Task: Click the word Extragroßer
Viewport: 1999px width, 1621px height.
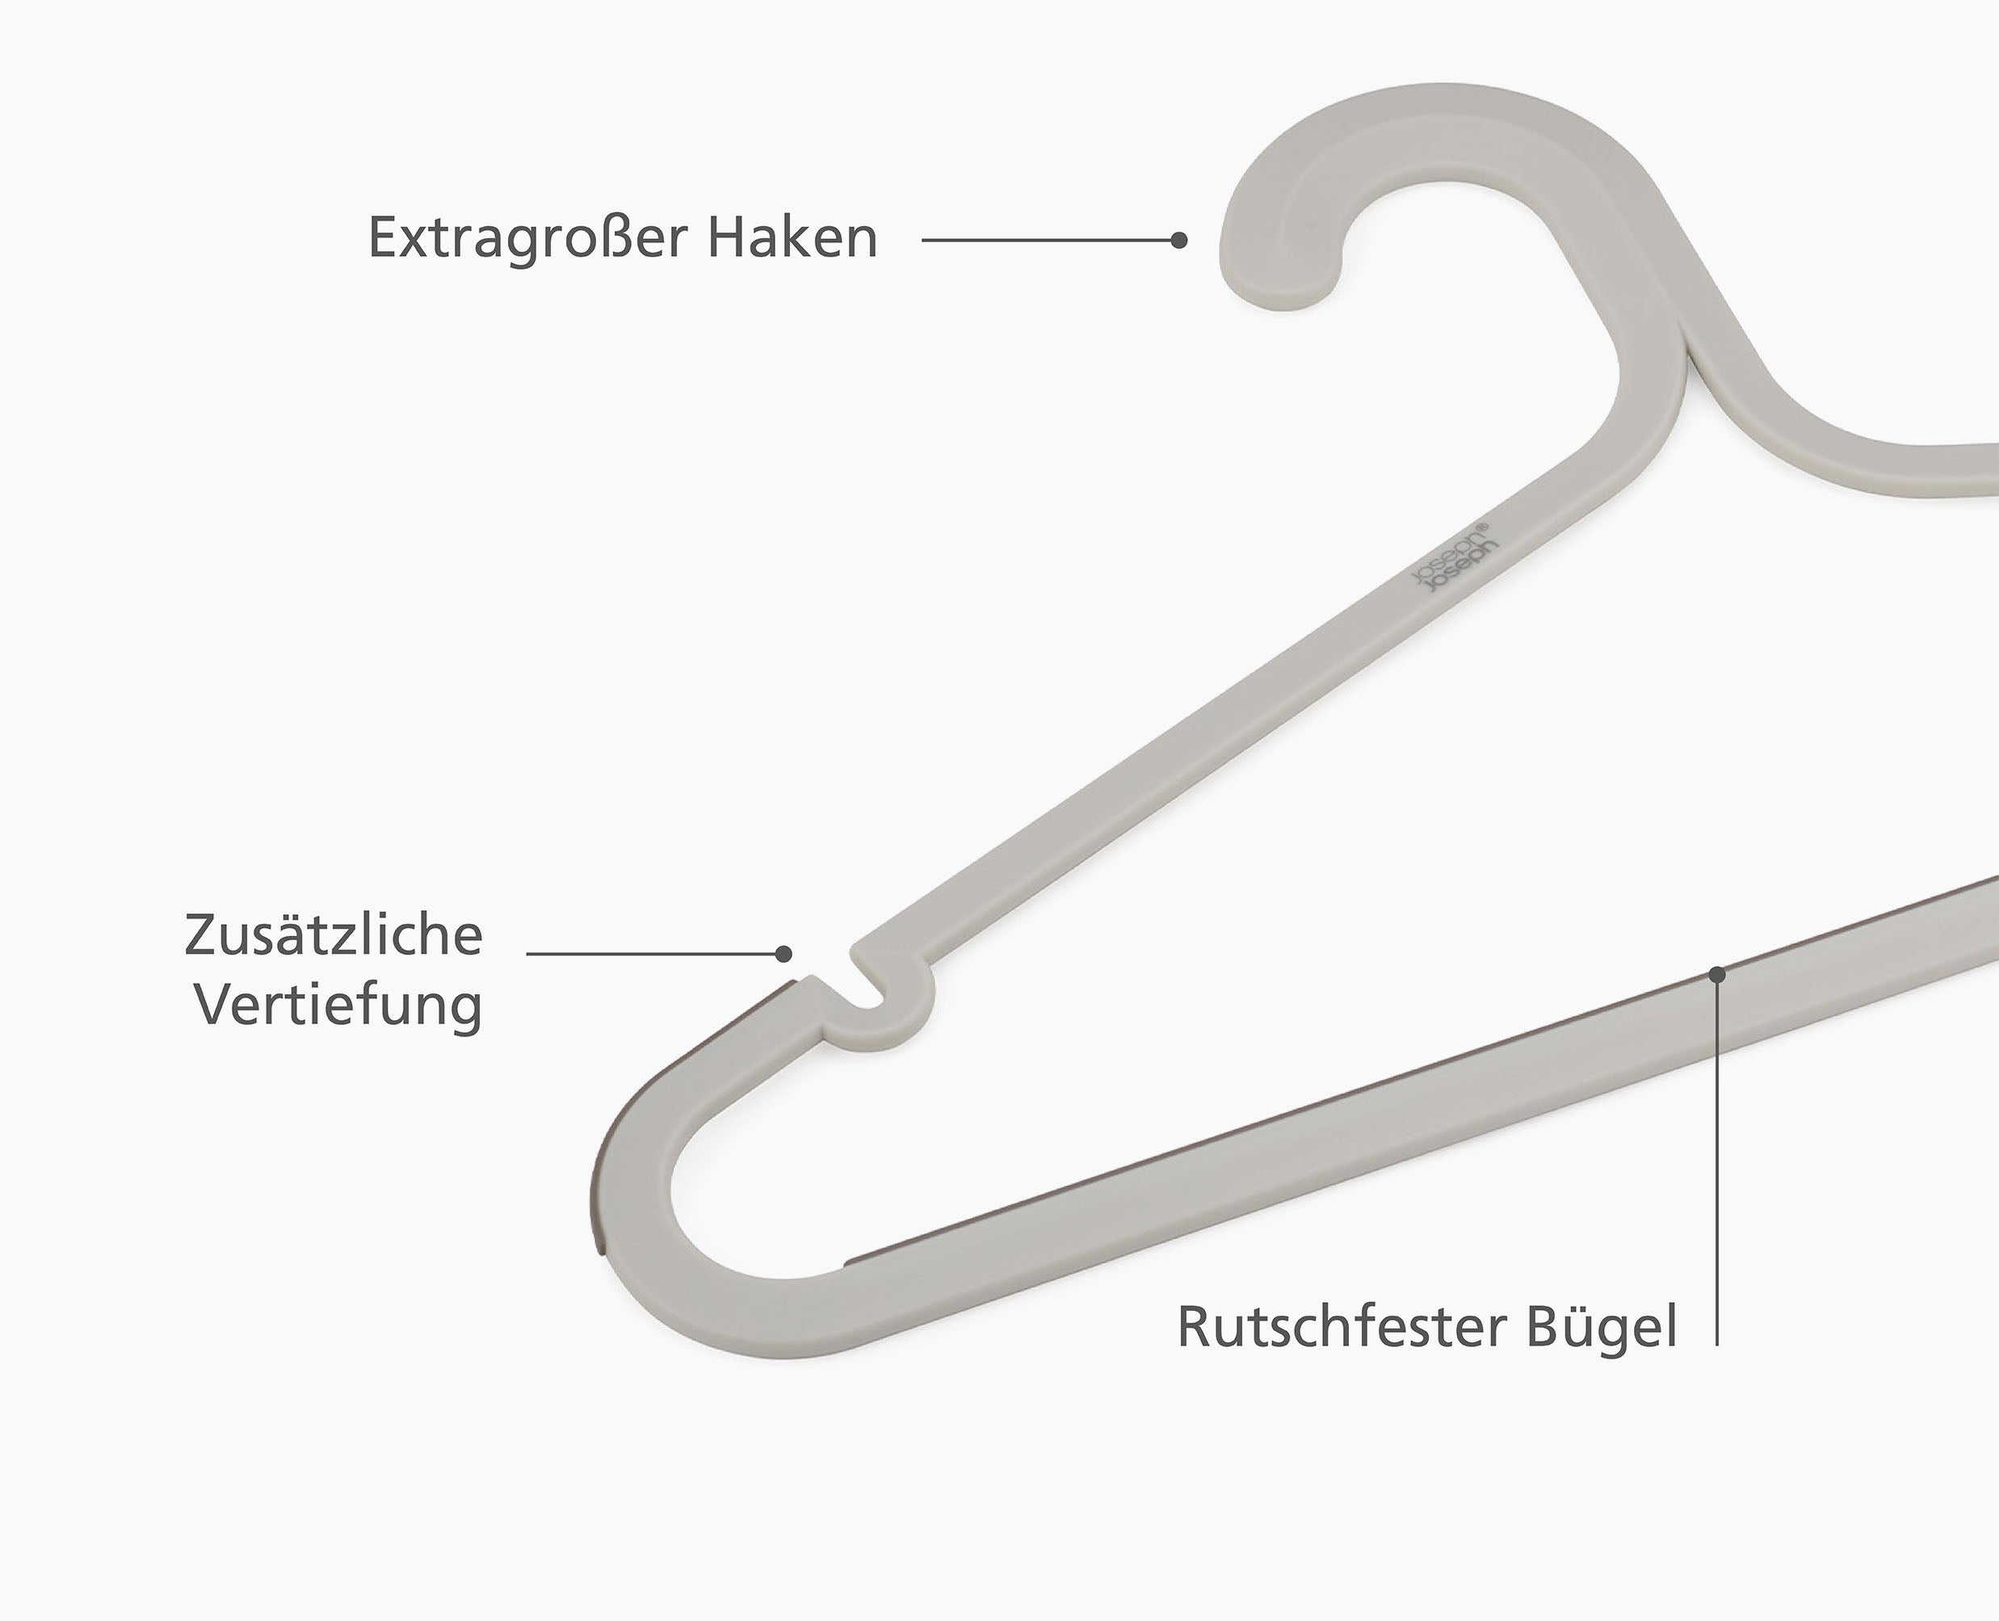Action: (x=529, y=239)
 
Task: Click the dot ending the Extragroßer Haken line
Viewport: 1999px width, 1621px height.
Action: (x=1179, y=240)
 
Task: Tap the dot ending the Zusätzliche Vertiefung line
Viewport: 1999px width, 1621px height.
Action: (x=784, y=953)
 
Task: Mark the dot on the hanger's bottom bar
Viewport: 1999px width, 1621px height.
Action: (x=1717, y=974)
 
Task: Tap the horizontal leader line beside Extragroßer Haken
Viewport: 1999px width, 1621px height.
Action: (x=1046, y=240)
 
